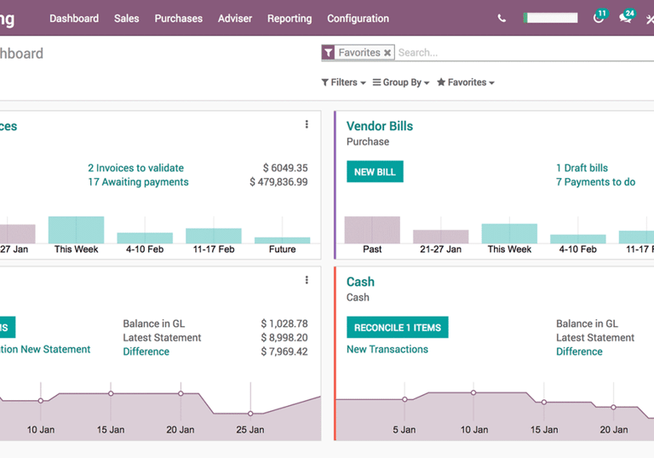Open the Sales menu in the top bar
point(126,18)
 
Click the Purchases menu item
point(178,18)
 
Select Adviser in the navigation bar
point(234,18)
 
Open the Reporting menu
point(289,18)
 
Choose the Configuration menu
point(358,18)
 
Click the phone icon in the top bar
point(502,18)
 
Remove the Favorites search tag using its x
point(387,53)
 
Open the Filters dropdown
point(343,83)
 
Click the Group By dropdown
point(400,83)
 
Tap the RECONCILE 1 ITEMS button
point(397,328)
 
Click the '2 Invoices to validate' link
point(135,168)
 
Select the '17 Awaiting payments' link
point(138,182)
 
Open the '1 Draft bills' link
point(582,168)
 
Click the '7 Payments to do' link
point(595,182)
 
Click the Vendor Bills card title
point(379,126)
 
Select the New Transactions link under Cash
point(387,349)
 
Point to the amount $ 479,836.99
point(278,182)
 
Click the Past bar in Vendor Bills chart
point(372,230)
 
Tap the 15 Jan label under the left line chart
point(111,430)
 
